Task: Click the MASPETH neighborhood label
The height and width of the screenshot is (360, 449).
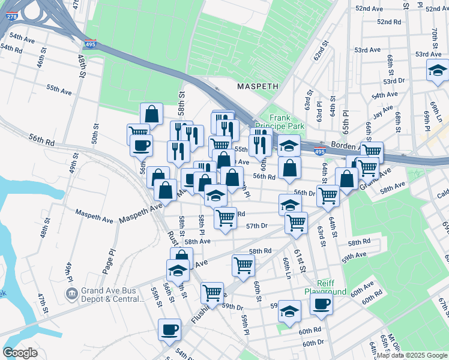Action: (258, 86)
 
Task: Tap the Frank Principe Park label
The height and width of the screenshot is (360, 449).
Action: (286, 122)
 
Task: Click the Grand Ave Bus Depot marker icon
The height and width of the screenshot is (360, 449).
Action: (71, 294)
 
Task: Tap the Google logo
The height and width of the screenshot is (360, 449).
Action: (20, 353)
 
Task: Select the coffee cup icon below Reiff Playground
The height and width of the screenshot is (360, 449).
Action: (321, 303)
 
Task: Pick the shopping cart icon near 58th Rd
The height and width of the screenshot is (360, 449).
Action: (243, 264)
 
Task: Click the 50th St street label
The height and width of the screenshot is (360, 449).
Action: (95, 135)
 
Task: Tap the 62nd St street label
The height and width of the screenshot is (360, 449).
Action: (322, 52)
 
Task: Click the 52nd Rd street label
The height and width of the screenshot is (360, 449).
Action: (389, 22)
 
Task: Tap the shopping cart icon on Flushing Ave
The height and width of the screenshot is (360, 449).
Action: (212, 292)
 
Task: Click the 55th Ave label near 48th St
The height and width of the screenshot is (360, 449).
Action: (59, 89)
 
